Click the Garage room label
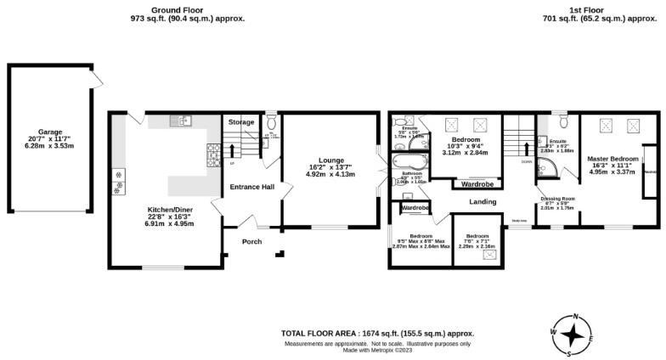(x=50, y=133)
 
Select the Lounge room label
(x=331, y=160)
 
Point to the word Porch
(x=251, y=242)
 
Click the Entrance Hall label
(x=251, y=187)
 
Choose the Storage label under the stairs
(x=241, y=123)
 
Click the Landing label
(x=482, y=201)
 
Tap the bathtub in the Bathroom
(x=409, y=160)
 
